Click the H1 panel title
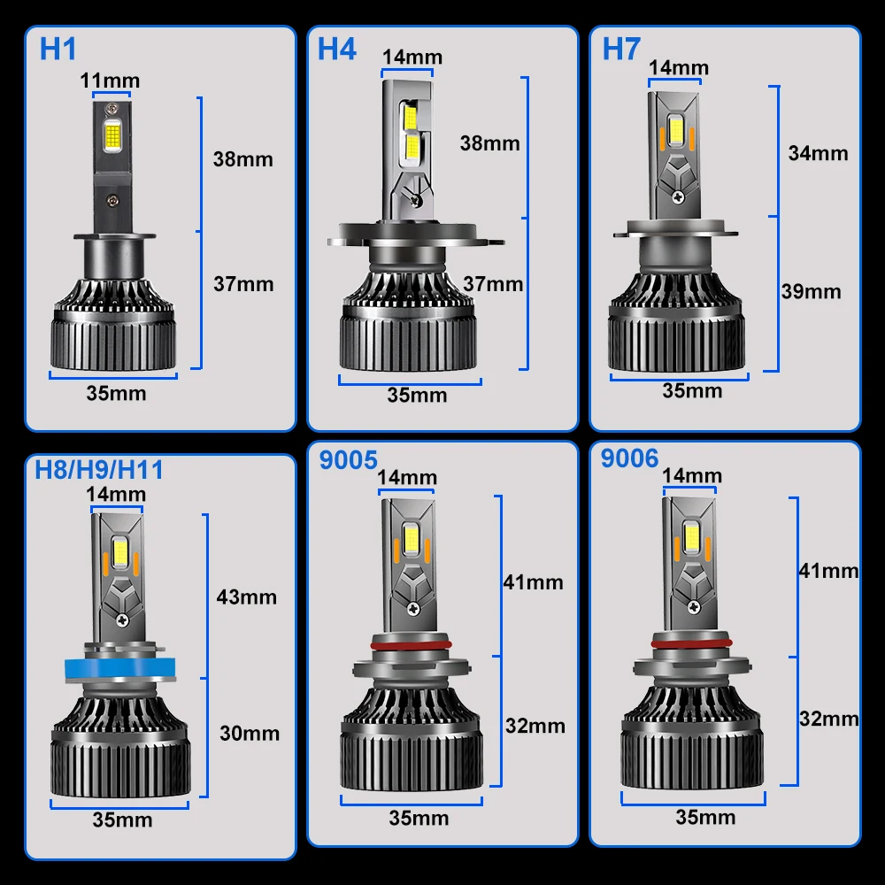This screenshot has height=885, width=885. point(58,49)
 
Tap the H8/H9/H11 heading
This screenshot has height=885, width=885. point(99,470)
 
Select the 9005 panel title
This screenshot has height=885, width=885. point(348,460)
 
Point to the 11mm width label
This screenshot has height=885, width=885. point(110,81)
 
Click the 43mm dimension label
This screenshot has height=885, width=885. point(247,597)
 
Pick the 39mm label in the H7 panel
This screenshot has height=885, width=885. point(811,292)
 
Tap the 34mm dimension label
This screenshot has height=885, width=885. point(818,153)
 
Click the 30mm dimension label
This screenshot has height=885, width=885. point(250,733)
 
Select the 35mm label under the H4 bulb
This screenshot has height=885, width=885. point(417,395)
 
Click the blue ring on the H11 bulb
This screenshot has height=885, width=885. point(119,667)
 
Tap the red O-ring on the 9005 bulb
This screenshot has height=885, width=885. point(411,644)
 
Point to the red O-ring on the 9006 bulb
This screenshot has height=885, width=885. point(691,643)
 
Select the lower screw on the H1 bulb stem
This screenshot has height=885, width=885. point(113,200)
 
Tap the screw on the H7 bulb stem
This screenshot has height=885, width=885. point(679,196)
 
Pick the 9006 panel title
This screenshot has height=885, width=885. point(629,458)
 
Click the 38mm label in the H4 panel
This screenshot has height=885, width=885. point(490,143)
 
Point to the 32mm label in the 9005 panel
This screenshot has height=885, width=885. point(535,726)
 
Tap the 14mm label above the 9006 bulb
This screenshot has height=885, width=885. point(691,476)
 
